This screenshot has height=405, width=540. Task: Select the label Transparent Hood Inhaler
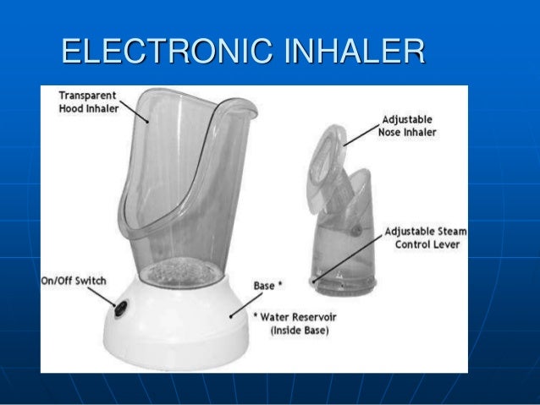(x=85, y=102)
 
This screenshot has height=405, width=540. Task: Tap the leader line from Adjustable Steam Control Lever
(x=347, y=254)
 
